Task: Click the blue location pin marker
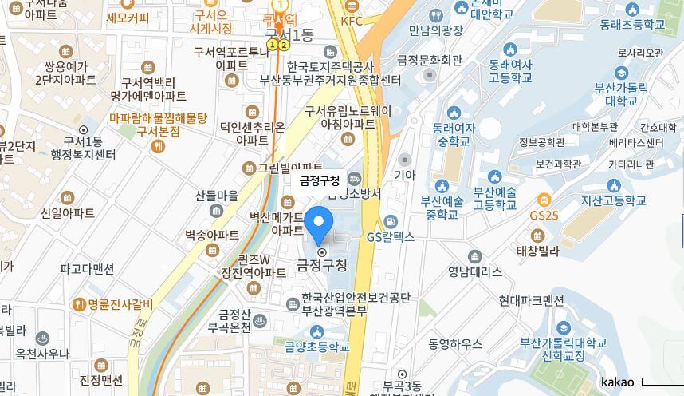tap(319, 223)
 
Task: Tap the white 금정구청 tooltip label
tap(319, 181)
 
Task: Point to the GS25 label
tap(544, 216)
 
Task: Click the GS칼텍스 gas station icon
tap(390, 222)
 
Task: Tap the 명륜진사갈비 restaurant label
tap(119, 303)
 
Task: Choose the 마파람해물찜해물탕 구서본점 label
tap(158, 124)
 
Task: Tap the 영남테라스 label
tap(475, 271)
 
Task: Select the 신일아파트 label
tap(67, 212)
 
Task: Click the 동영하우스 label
tap(455, 343)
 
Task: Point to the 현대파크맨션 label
tap(531, 300)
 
